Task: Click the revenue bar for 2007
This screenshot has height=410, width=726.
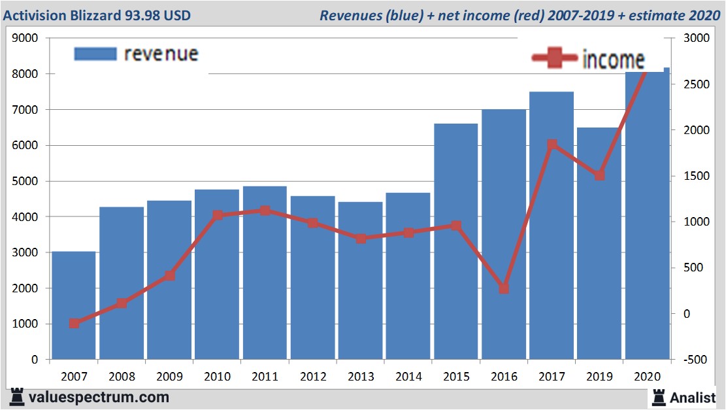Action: click(74, 305)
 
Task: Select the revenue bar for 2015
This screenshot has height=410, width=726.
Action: click(455, 241)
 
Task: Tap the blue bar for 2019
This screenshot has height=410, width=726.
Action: click(599, 243)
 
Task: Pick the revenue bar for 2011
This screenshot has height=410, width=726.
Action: click(265, 273)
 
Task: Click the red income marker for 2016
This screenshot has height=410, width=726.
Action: click(504, 288)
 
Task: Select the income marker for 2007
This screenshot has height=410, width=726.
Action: click(74, 323)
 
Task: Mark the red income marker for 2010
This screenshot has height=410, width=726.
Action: click(218, 215)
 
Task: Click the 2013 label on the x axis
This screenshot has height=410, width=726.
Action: click(360, 377)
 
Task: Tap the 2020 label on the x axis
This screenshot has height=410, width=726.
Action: click(647, 377)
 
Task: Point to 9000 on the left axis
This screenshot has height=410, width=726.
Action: click(25, 39)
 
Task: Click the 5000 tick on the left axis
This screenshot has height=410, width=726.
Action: click(25, 181)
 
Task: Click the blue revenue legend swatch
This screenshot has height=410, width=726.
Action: click(95, 54)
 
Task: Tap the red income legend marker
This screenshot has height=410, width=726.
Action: click(555, 59)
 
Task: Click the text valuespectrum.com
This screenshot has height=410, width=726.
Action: click(99, 397)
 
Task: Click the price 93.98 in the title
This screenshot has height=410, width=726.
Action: click(144, 15)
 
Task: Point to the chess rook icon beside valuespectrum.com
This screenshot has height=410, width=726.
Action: click(18, 397)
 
